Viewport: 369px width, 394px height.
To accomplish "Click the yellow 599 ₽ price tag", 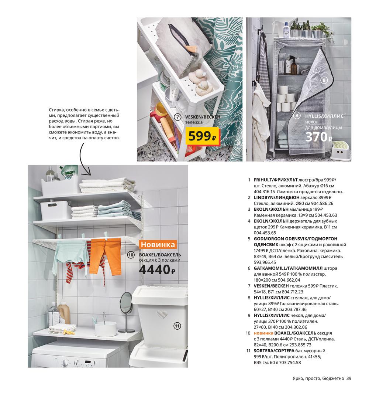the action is pyautogui.click(x=203, y=136).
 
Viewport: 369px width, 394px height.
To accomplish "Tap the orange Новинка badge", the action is pyautogui.click(x=158, y=244).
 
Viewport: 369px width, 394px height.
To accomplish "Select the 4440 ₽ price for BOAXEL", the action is pyautogui.click(x=157, y=270).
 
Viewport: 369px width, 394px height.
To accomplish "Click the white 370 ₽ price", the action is pyautogui.click(x=319, y=137).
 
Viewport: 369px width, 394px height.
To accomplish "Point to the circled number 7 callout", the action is pyautogui.click(x=177, y=117).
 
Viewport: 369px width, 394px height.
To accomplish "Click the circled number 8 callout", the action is pyautogui.click(x=324, y=80).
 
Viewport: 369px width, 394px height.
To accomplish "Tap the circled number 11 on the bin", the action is pyautogui.click(x=177, y=326).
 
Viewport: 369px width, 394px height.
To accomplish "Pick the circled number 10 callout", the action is pyautogui.click(x=131, y=255).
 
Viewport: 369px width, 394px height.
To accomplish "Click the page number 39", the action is pyautogui.click(x=349, y=378).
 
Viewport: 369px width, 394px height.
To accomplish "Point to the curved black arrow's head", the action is pyautogui.click(x=89, y=173).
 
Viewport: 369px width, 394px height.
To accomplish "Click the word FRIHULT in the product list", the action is pyautogui.click(x=263, y=180).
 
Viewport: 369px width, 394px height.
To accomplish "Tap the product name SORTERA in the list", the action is pyautogui.click(x=263, y=351).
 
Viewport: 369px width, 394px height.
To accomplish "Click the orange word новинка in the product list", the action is pyautogui.click(x=263, y=333).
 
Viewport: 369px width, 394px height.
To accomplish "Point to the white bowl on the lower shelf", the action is pyautogui.click(x=106, y=329).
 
